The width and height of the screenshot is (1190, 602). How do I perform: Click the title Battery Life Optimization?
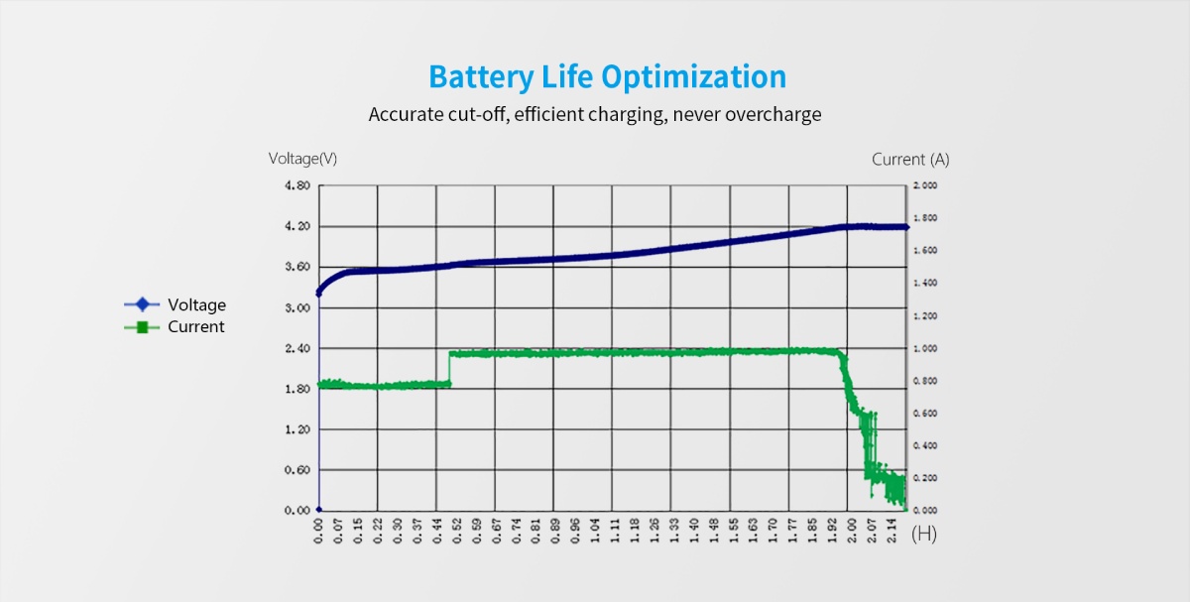(607, 76)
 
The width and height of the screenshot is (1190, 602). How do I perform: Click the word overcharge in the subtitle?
(773, 114)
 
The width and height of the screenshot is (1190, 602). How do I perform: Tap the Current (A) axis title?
(910, 159)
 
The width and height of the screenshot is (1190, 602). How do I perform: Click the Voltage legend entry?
(196, 304)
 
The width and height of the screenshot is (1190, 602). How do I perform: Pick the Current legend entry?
(195, 326)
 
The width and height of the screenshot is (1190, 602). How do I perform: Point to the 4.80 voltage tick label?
(298, 185)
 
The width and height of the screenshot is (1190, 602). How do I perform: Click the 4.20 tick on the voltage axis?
(298, 226)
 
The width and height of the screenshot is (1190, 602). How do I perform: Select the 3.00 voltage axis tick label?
(298, 307)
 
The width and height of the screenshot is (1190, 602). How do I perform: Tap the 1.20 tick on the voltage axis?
(298, 429)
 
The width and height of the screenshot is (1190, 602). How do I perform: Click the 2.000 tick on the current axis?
(925, 185)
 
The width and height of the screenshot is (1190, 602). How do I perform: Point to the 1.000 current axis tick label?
(925, 348)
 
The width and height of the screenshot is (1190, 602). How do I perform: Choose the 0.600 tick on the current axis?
(925, 414)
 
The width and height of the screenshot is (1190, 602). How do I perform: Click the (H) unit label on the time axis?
(923, 535)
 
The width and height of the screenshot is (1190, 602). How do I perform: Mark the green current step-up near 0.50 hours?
(450, 367)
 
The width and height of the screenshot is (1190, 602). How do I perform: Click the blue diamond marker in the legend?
(142, 304)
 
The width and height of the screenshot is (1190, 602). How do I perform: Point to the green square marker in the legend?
(142, 326)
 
